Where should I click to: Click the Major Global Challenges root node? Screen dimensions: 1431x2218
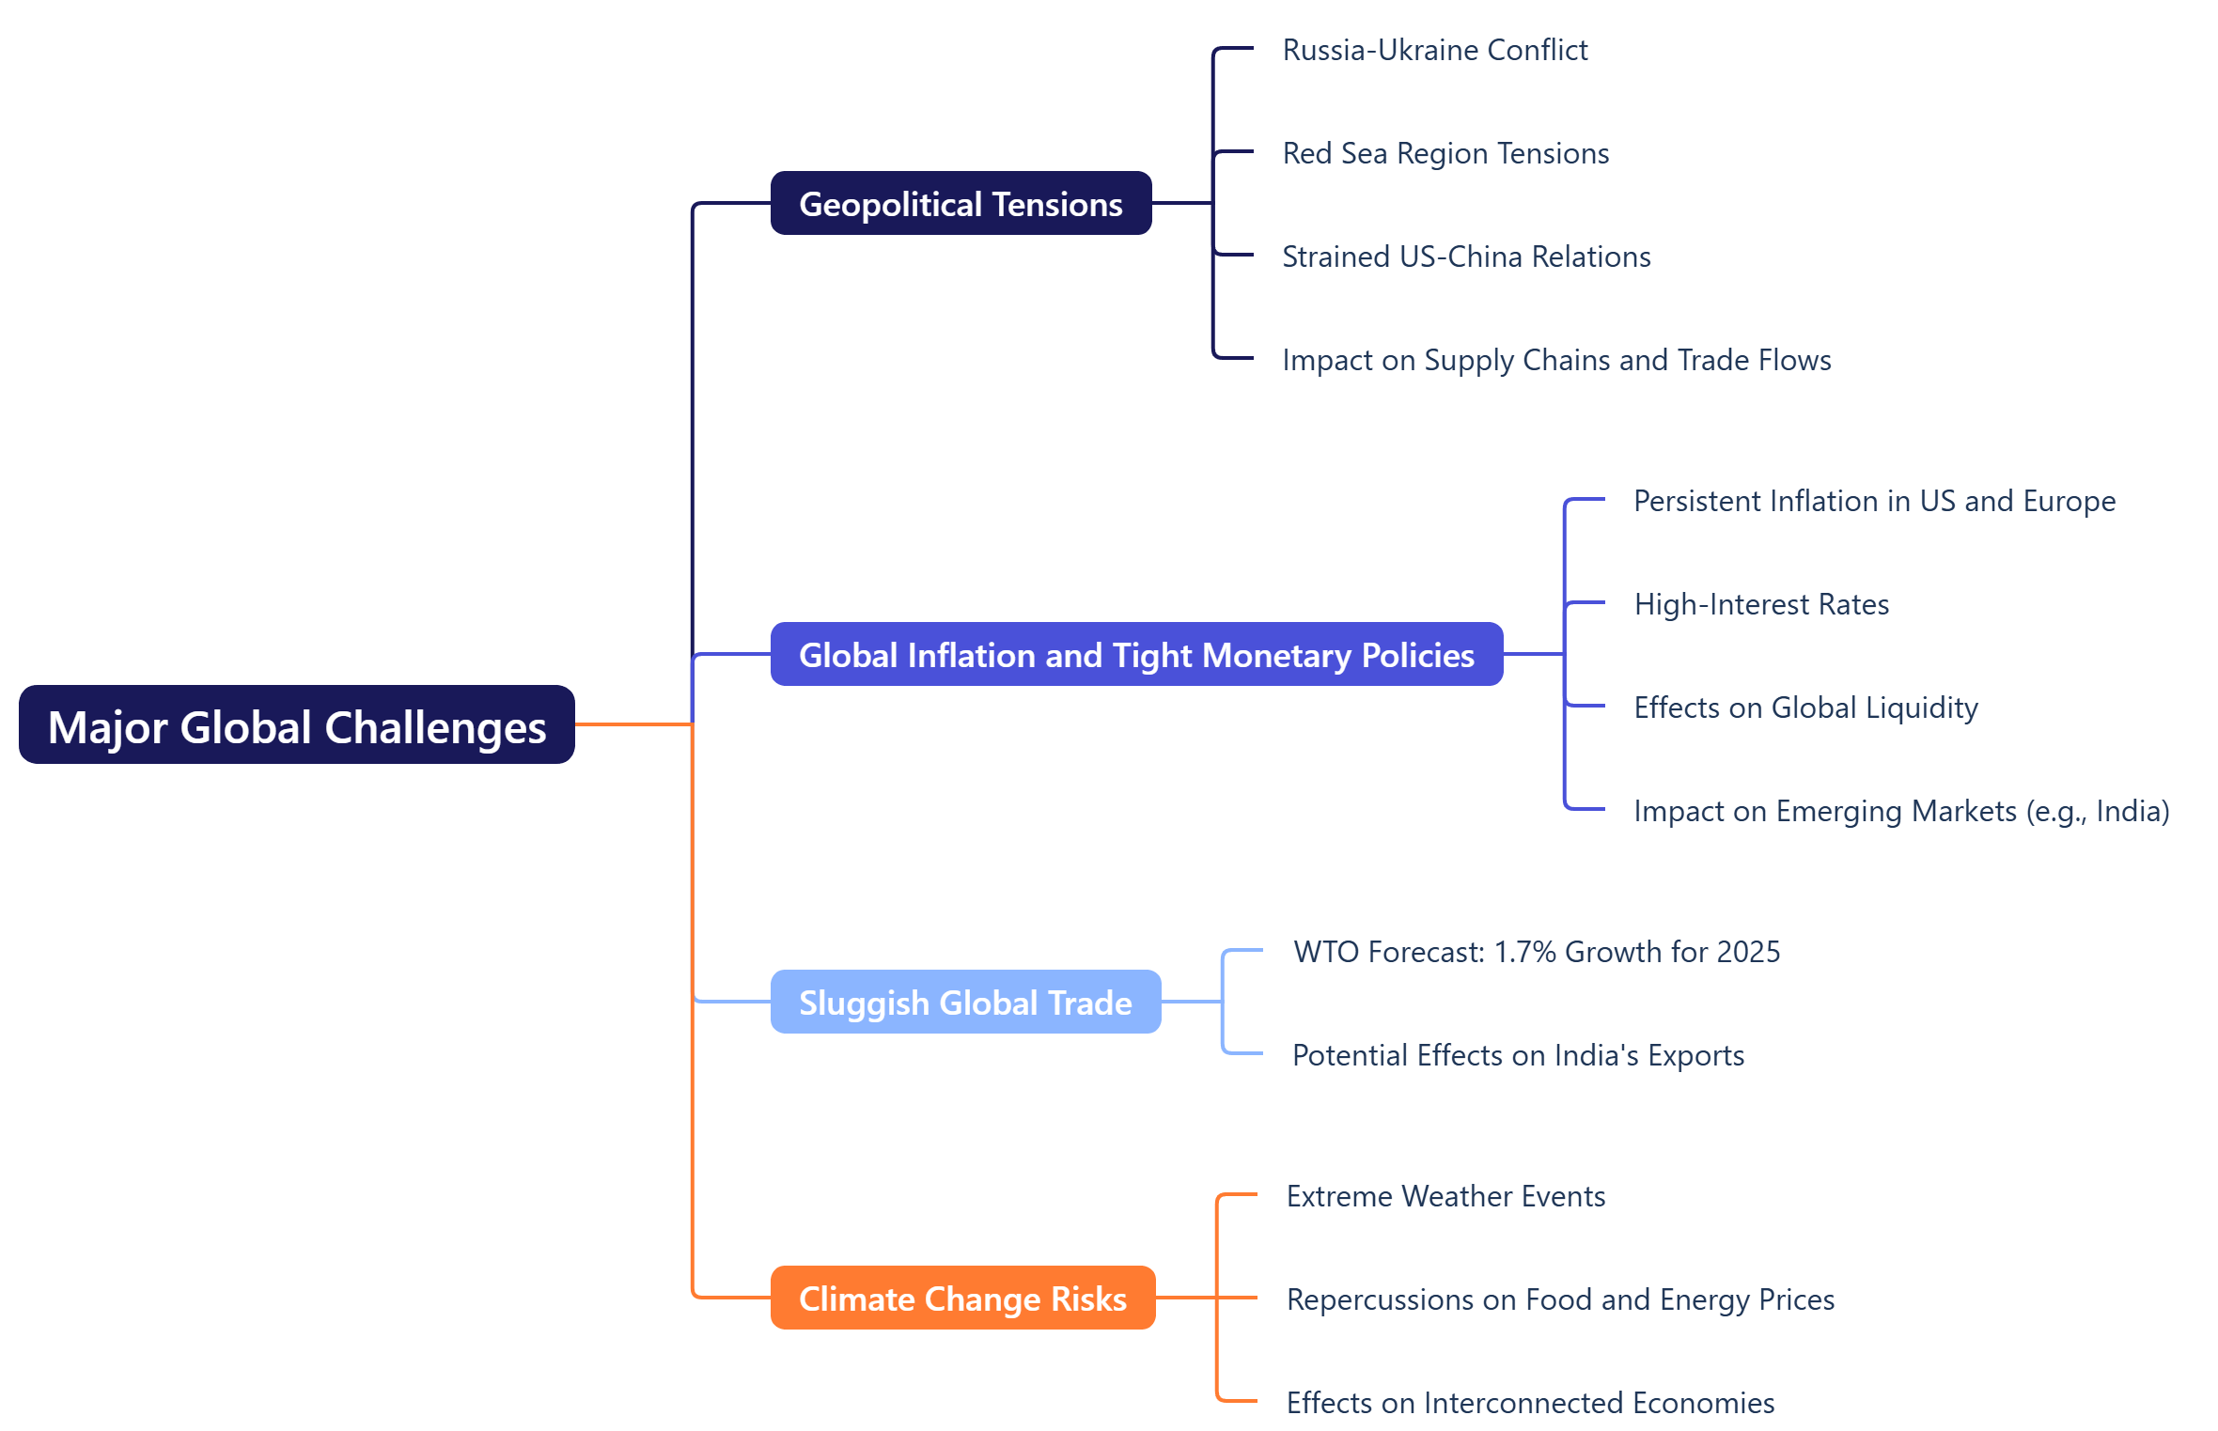[296, 724]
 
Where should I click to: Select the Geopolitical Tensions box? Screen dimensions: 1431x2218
[961, 203]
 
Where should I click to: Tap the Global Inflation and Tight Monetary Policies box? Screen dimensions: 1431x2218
[1136, 654]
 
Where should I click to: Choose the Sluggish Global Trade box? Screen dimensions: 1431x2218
[965, 1002]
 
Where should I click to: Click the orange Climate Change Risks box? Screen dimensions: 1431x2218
[962, 1298]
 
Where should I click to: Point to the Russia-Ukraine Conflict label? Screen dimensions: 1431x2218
[1434, 50]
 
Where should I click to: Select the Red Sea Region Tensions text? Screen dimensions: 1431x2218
[1445, 153]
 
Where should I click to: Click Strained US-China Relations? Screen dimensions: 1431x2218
[1466, 257]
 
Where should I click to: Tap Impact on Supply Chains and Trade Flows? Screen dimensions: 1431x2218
[1556, 360]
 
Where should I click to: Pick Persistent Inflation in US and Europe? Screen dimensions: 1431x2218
[1874, 501]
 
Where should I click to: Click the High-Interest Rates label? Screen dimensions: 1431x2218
[1761, 604]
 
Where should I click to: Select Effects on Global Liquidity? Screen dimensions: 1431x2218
[1805, 708]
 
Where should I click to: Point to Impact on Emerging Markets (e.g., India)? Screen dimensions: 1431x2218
[1901, 811]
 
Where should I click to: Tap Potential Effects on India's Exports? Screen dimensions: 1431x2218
[1518, 1055]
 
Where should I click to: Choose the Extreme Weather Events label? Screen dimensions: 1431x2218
[1445, 1196]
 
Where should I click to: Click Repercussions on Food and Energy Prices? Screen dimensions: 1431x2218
[1560, 1299]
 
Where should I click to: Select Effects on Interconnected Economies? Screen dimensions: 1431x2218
[1530, 1403]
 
